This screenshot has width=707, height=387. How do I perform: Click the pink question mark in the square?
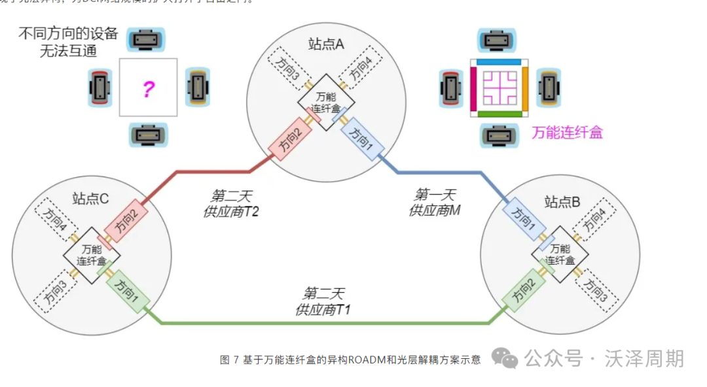148,88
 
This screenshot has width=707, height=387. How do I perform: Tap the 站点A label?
326,44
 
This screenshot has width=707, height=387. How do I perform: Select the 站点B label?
562,203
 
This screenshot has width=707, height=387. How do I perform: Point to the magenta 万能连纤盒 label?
567,133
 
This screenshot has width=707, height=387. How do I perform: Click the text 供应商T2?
231,210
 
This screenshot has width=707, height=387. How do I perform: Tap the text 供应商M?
435,210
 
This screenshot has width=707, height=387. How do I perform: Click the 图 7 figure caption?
350,360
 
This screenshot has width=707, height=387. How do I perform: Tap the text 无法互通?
68,50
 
